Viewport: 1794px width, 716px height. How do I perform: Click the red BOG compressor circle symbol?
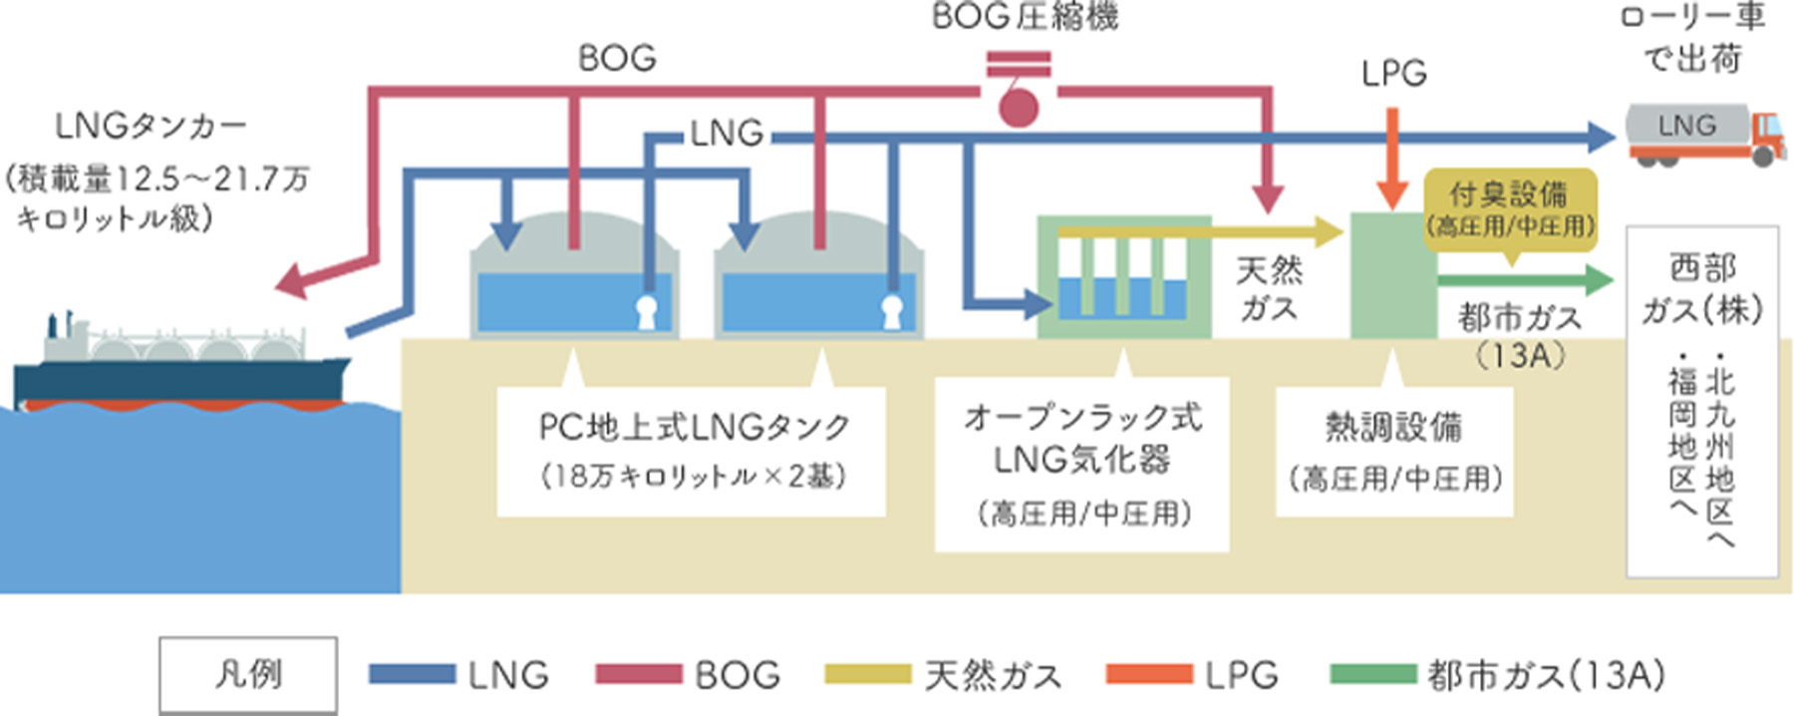tap(1019, 106)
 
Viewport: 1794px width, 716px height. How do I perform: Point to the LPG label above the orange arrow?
tap(1394, 73)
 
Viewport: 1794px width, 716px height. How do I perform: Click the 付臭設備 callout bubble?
tap(1510, 208)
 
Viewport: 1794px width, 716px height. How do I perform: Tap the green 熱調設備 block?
tap(1392, 275)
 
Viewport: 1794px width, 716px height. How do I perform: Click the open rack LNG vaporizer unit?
tap(1123, 276)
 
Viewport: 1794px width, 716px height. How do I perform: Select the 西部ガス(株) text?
tap(1702, 289)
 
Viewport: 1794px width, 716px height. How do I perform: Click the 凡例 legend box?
tap(248, 675)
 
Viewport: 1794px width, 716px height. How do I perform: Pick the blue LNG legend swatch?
tap(412, 675)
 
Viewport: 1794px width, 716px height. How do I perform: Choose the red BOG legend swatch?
tap(639, 675)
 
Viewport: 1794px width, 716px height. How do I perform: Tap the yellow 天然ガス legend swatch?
tap(868, 675)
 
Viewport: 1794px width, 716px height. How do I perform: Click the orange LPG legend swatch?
tap(1149, 675)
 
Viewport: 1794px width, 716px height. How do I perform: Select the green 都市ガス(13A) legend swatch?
tap(1373, 675)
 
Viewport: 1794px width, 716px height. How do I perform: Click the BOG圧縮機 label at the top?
tap(1026, 17)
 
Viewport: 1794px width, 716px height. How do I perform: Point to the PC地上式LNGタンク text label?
tap(694, 427)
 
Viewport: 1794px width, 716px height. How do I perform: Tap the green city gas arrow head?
tap(1598, 280)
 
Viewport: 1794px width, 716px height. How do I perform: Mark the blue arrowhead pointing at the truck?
tap(1602, 138)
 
